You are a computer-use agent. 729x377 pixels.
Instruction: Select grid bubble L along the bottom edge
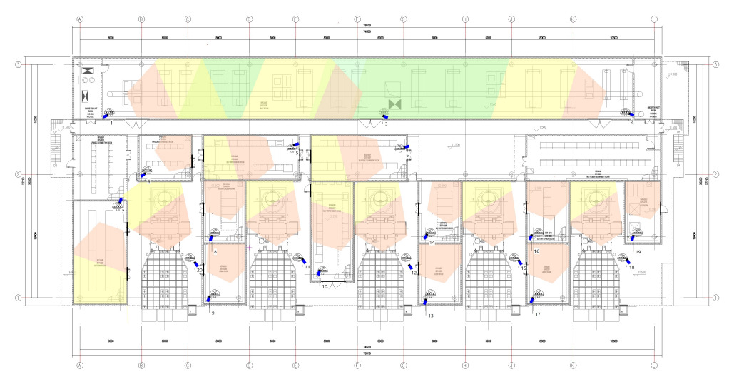pos(654,364)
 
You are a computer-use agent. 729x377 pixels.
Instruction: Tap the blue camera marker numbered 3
pos(384,116)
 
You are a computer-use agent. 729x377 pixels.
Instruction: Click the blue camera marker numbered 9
pos(208,298)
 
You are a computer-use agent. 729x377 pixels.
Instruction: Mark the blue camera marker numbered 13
pos(425,301)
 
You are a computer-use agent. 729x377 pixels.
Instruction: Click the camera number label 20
pos(200,271)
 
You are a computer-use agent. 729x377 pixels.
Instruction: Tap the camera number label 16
pos(536,251)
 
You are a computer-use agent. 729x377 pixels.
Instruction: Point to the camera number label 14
pos(432,243)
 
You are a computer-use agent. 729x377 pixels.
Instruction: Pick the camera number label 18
pos(631,268)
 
